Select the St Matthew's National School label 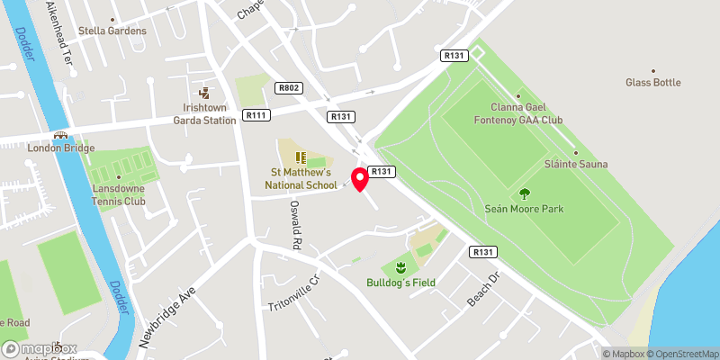point(300,178)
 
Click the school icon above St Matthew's point(300,158)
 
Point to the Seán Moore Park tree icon point(524,193)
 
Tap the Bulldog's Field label point(400,283)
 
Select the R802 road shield point(287,87)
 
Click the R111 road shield point(256,115)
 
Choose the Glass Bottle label point(653,83)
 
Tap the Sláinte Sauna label point(576,164)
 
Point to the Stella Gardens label point(112,31)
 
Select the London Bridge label point(61,148)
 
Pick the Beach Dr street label point(481,290)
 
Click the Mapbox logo point(40,348)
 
